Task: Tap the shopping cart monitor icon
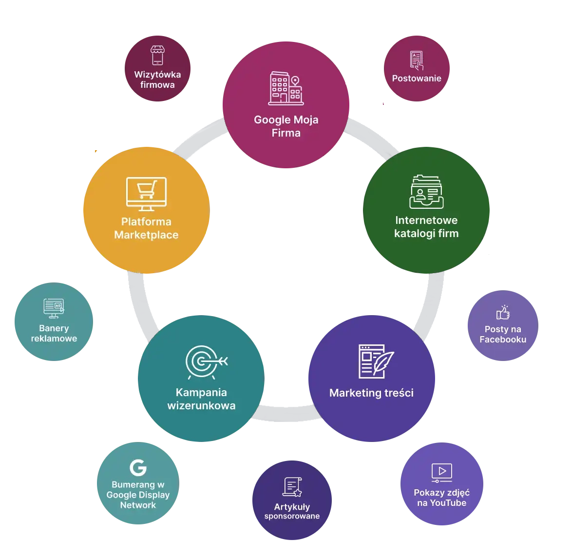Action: click(146, 191)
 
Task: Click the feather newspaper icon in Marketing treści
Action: click(376, 361)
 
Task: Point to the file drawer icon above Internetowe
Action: click(426, 191)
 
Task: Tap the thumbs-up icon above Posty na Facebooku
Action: click(503, 312)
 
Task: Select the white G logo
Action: click(138, 467)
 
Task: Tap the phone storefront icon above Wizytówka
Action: click(157, 55)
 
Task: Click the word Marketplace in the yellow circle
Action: click(146, 235)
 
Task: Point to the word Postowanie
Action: click(417, 78)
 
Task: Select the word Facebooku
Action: click(503, 339)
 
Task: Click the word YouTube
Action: click(448, 502)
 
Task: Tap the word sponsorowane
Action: click(292, 516)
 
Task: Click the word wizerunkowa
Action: click(201, 405)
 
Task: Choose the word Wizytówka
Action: click(157, 75)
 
